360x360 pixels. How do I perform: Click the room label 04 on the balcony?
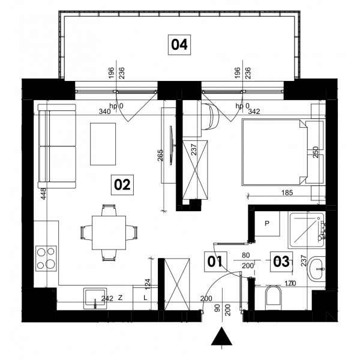tap(179, 45)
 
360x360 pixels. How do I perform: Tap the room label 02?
tap(122, 185)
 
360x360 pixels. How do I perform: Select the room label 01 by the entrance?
tap(215, 262)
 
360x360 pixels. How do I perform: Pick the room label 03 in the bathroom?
tap(281, 262)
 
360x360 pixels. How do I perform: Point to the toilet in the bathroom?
tap(273, 298)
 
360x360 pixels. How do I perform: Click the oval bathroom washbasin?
tap(316, 269)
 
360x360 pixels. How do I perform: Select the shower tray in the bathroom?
tap(307, 230)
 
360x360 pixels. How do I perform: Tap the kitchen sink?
tap(95, 298)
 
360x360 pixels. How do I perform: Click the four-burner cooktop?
tap(46, 259)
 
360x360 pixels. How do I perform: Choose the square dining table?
tap(109, 233)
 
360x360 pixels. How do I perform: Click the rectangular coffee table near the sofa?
tap(103, 144)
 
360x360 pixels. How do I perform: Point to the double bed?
tap(274, 152)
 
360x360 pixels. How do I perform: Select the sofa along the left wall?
tap(57, 146)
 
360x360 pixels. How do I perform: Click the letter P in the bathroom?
tap(267, 223)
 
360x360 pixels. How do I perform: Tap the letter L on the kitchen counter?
tap(145, 298)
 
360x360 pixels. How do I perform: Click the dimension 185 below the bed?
tap(287, 193)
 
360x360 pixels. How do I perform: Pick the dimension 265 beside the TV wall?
tap(160, 155)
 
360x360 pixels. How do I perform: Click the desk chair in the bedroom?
tap(211, 116)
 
